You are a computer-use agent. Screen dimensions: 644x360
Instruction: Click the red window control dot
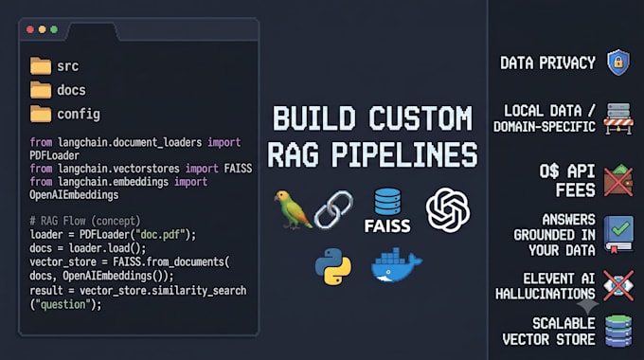click(x=30, y=29)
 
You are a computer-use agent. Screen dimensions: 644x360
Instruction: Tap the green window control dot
click(x=54, y=29)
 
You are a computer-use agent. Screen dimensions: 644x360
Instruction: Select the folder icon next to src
click(x=40, y=65)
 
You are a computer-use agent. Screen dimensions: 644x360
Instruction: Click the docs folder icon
click(x=40, y=90)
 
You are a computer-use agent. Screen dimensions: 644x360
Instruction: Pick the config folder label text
click(x=79, y=115)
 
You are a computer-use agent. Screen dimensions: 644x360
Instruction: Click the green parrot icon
click(x=292, y=209)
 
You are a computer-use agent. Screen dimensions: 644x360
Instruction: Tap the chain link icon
click(x=333, y=209)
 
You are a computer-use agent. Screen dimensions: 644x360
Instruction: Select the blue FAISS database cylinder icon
click(x=387, y=202)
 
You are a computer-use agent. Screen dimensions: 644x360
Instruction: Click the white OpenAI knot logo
click(x=448, y=210)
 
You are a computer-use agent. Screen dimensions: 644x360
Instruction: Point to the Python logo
click(x=333, y=266)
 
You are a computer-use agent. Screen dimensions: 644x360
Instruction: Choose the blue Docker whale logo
click(x=396, y=265)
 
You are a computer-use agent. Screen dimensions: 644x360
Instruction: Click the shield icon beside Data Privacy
click(x=618, y=63)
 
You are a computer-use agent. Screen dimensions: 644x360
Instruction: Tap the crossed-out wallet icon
click(x=618, y=180)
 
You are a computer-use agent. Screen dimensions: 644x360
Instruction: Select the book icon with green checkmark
click(x=618, y=234)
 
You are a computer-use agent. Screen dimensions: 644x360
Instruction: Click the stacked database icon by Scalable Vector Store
click(x=618, y=331)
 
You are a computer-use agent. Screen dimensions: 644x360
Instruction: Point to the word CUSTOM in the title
click(x=420, y=118)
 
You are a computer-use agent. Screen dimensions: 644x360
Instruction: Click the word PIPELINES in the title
click(x=404, y=155)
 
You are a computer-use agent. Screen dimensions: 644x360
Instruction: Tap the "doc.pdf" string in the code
click(x=161, y=235)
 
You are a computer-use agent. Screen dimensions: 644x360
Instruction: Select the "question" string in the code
click(x=63, y=304)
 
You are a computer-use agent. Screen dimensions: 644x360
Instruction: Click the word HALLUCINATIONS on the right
click(x=545, y=294)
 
